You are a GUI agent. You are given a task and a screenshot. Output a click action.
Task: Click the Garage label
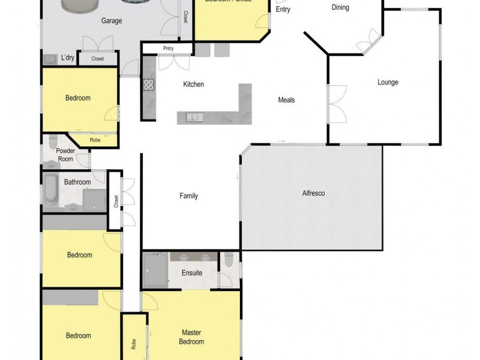[112, 21]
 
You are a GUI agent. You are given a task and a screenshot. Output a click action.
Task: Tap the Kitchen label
[193, 85]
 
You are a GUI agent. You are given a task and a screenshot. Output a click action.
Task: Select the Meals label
[286, 100]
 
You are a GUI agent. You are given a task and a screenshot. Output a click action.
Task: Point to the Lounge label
[388, 83]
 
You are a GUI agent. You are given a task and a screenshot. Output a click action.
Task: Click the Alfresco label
[313, 193]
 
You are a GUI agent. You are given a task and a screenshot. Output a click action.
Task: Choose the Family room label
[188, 196]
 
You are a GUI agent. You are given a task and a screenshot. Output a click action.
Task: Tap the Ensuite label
[192, 273]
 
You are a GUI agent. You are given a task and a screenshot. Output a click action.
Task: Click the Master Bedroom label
[192, 337]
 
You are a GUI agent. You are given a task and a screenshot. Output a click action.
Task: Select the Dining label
[340, 8]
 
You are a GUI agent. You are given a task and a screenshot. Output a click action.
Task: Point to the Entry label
[283, 10]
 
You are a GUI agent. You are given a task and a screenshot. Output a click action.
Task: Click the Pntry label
[167, 49]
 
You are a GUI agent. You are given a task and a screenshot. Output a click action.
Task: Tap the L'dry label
[67, 58]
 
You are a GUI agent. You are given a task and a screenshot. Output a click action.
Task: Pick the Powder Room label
[65, 155]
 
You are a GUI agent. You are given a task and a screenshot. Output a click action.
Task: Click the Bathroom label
[77, 182]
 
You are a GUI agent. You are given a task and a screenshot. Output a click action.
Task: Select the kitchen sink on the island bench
[194, 116]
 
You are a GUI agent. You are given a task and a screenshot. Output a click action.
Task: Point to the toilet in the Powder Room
[52, 142]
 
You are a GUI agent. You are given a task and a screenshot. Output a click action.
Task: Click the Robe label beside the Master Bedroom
[133, 344]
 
